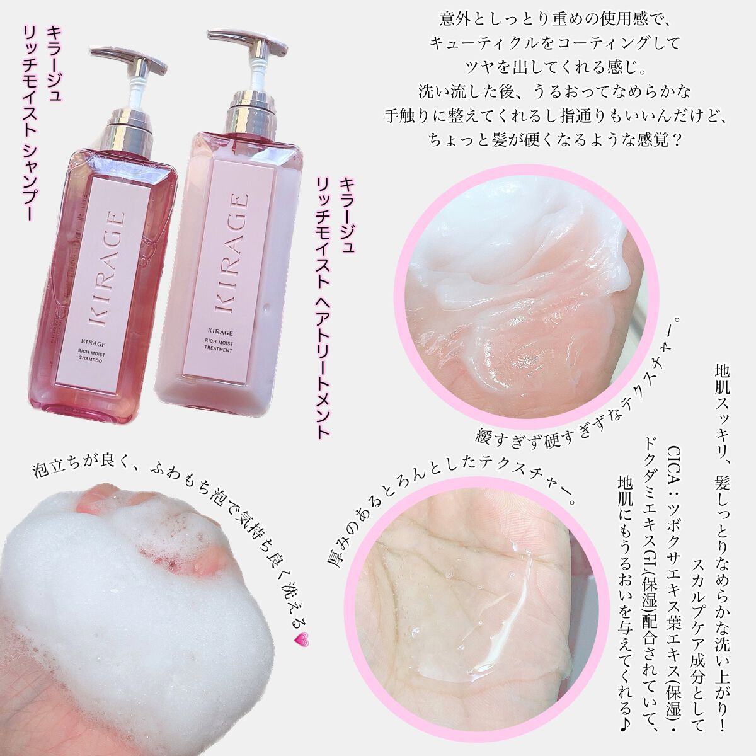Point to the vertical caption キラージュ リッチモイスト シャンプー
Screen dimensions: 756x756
pos(35,120)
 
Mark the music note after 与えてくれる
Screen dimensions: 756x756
pos(623,699)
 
